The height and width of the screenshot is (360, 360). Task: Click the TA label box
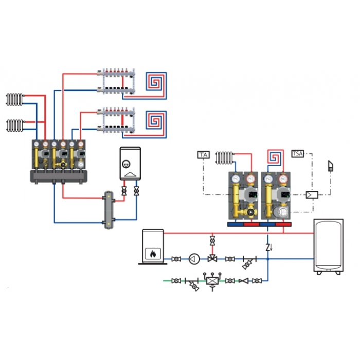204,154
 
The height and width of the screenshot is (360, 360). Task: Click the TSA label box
298,153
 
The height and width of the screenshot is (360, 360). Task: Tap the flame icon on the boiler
153,254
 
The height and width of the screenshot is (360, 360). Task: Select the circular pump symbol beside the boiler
194,259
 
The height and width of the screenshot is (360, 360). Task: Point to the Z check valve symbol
268,247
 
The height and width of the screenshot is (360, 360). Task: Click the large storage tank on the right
329,246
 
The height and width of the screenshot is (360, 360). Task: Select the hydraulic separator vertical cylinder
109,210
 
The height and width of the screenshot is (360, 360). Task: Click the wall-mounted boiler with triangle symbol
130,164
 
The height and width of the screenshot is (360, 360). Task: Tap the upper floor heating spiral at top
156,81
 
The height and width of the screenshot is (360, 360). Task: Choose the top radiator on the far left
15,99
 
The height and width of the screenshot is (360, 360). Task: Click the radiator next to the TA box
225,158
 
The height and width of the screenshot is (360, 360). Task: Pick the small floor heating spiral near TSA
275,157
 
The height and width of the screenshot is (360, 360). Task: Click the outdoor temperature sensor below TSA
330,166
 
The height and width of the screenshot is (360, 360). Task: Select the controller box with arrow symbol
312,195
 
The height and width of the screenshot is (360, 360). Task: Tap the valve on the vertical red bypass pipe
212,241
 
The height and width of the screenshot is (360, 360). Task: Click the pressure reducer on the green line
212,281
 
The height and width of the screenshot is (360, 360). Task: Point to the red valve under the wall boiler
124,191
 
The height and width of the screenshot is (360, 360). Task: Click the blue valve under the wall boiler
136,191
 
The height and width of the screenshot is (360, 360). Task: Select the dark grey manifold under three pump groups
59,176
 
